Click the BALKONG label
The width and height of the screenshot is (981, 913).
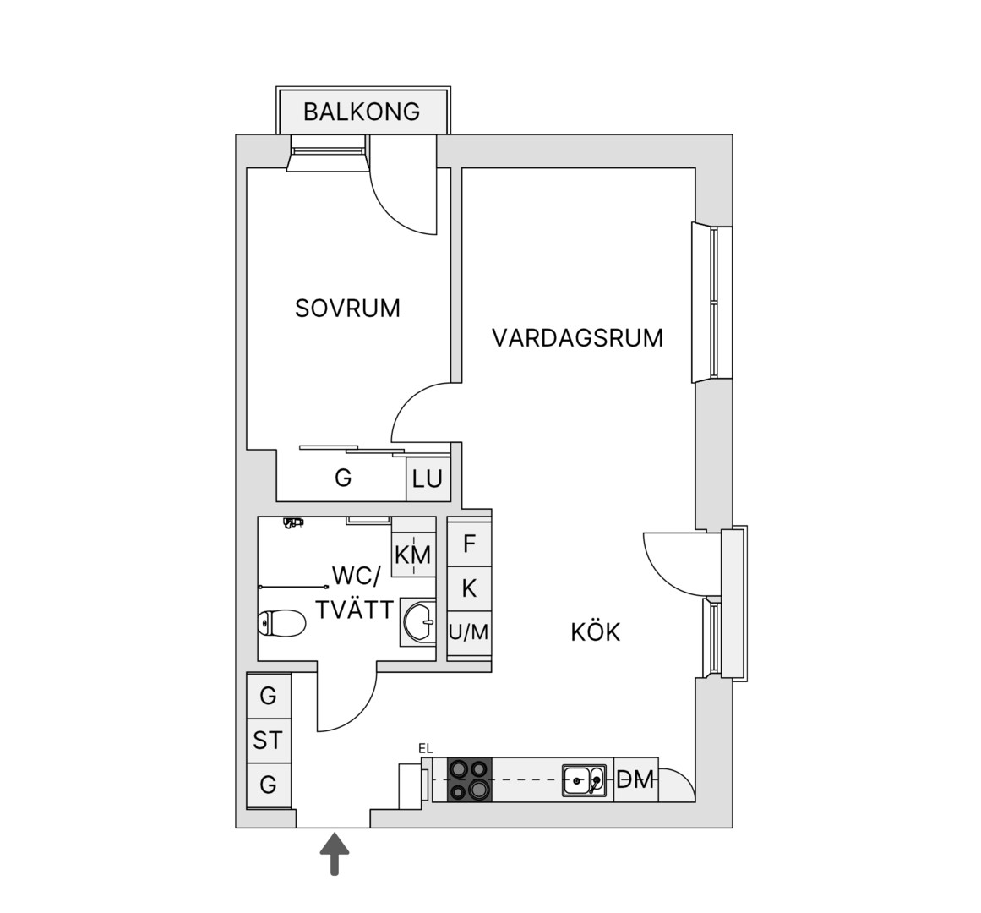[x=362, y=112]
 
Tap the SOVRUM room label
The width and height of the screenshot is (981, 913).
[x=347, y=309]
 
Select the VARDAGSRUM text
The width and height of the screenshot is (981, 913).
[x=577, y=338]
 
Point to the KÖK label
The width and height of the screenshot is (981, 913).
[x=595, y=632]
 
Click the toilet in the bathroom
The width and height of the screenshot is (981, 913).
[x=281, y=623]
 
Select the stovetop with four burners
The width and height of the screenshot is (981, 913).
[x=470, y=779]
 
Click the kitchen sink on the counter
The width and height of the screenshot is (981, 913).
[x=584, y=780]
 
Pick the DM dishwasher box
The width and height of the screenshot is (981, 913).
[x=635, y=779]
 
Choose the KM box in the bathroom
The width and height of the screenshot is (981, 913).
[x=413, y=555]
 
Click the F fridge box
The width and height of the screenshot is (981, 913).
[x=469, y=544]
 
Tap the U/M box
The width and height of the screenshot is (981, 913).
[x=469, y=632]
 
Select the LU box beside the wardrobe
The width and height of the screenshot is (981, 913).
[x=428, y=479]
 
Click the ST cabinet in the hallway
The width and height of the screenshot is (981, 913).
[x=269, y=741]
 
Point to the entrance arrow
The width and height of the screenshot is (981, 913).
[x=335, y=854]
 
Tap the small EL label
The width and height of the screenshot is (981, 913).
[x=425, y=748]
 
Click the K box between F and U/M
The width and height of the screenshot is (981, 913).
[x=469, y=589]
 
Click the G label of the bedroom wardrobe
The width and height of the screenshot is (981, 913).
[x=343, y=478]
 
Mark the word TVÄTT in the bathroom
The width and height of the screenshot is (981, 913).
[x=355, y=610]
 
